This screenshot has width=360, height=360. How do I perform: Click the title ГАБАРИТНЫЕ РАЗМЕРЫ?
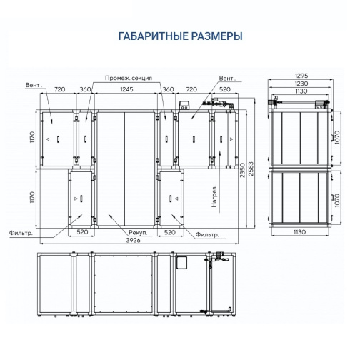(181, 36)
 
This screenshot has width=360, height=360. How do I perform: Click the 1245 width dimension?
(126, 89)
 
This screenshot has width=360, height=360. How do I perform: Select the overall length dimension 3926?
(133, 240)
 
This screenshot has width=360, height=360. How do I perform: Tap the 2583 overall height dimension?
(251, 169)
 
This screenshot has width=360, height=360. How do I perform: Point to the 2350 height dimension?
(242, 170)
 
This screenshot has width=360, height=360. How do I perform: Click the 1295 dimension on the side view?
(301, 76)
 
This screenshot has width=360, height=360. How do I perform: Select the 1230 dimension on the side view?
(301, 84)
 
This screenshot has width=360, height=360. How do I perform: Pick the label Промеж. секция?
(129, 78)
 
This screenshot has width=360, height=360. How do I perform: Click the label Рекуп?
(138, 232)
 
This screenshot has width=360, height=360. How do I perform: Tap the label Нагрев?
(214, 196)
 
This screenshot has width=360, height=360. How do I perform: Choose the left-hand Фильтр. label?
(21, 233)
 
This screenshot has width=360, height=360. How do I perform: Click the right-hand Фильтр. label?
(207, 235)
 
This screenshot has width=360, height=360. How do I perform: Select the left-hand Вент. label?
(34, 85)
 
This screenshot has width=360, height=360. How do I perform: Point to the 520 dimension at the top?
(225, 89)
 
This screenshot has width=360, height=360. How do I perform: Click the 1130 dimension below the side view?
(299, 232)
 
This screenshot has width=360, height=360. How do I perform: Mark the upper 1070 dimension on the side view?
(337, 137)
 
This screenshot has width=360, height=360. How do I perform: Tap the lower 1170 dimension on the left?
(32, 197)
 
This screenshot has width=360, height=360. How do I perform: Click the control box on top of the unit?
(184, 105)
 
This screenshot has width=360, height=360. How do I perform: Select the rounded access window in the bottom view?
(182, 263)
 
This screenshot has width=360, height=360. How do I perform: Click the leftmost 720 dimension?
(60, 89)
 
